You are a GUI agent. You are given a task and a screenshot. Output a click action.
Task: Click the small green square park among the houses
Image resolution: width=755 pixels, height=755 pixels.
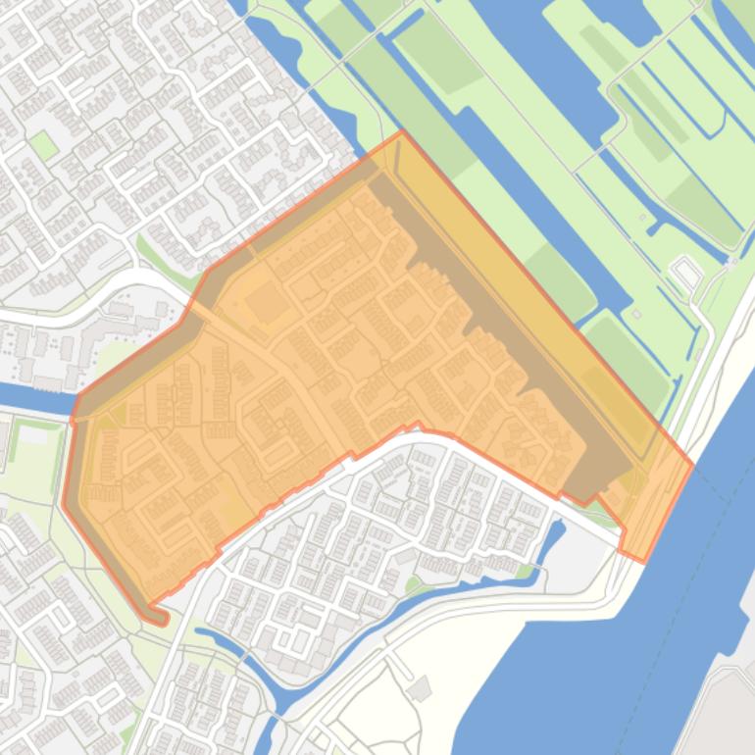click(x=42, y=146)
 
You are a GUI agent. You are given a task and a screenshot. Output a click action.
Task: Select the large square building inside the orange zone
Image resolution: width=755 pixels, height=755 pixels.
click(x=267, y=302)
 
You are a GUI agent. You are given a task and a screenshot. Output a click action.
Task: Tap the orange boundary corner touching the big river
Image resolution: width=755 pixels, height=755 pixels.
click(x=691, y=465)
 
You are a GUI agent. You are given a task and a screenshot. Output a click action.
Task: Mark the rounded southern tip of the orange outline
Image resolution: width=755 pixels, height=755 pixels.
click(x=161, y=619)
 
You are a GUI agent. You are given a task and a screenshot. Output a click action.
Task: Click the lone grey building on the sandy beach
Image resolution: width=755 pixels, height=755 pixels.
click(x=420, y=688)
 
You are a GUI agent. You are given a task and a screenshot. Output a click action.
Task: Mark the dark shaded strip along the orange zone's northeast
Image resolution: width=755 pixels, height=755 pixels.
click(x=510, y=324)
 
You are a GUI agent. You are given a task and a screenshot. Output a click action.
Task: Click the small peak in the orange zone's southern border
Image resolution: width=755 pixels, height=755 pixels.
click(x=418, y=425)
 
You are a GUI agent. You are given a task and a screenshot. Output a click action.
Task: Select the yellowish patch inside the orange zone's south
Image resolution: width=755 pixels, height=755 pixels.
click(x=233, y=508)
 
